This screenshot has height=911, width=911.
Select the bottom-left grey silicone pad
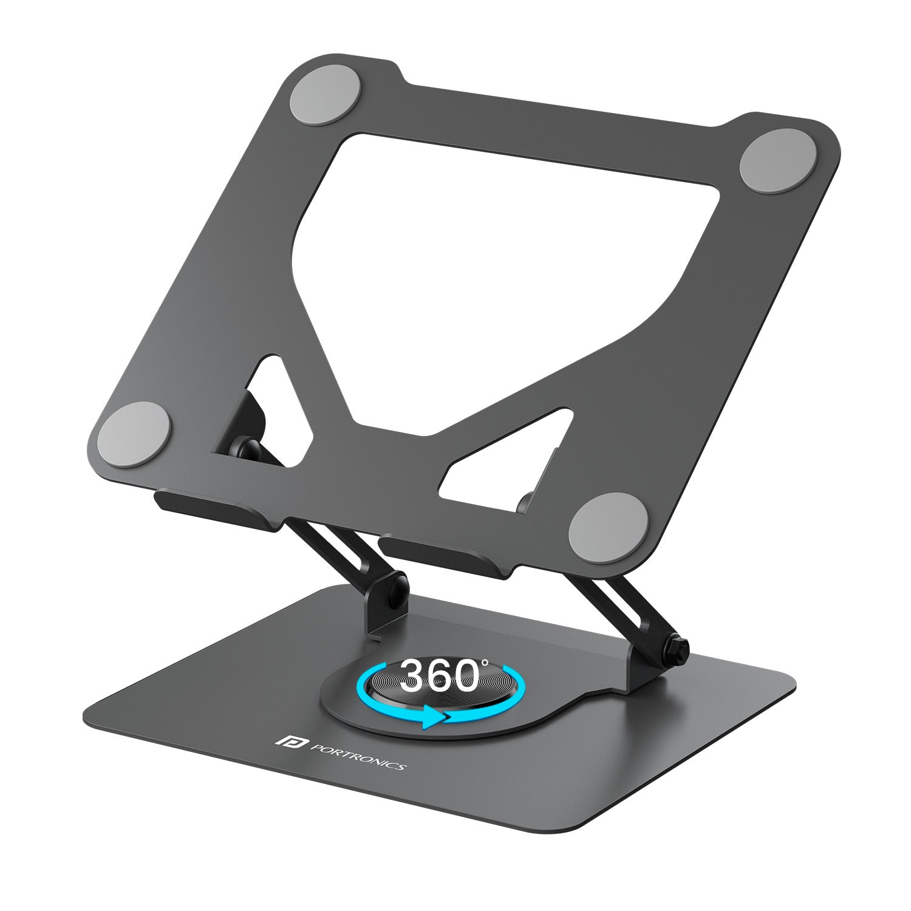(134, 435)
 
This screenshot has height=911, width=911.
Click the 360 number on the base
(441, 675)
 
